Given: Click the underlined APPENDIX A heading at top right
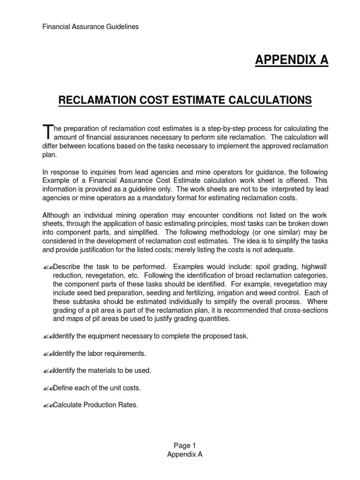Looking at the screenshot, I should click(292, 60).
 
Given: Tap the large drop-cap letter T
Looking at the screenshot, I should click(46, 131).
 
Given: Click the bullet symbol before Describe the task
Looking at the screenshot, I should click(47, 267).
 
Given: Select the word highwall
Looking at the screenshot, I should click(307, 267).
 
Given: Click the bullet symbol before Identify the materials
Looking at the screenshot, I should click(47, 371).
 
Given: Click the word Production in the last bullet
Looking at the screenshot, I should click(99, 405).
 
